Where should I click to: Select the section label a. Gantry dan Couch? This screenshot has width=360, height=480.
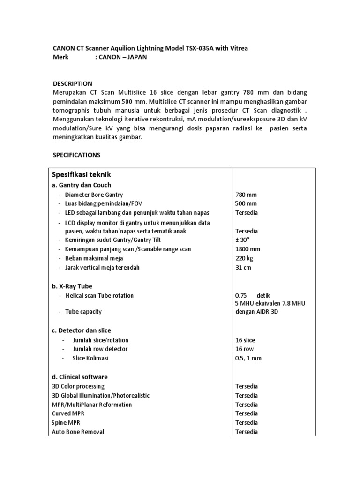pos(81,185)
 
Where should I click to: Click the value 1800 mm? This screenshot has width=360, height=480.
pos(247,249)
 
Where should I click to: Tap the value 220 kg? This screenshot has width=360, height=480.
pos(245,258)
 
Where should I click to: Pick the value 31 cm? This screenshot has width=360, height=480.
pos(243,267)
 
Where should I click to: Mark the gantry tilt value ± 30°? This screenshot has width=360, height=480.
pos(243,240)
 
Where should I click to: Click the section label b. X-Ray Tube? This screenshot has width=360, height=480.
pos(72,285)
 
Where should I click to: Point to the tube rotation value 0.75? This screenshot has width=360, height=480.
pos(240,296)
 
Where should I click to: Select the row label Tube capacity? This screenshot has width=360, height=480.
pos(83,311)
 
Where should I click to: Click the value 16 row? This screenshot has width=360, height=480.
pos(245,349)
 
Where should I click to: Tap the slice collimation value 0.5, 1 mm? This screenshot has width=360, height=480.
pos(248,358)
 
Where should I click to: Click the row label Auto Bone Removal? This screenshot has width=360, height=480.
pos(78,431)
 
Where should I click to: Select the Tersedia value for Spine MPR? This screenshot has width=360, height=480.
pos(246,422)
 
